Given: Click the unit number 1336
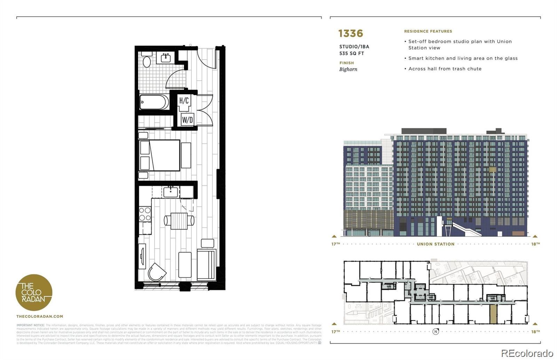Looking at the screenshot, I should [x=351, y=33].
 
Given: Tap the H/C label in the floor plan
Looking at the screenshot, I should [x=184, y=101].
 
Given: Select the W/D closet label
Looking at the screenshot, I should [x=187, y=120].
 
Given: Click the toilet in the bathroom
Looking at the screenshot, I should [x=147, y=61].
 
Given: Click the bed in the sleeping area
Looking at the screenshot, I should [x=160, y=155].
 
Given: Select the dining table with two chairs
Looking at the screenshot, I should [x=179, y=221].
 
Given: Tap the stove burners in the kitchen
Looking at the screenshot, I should [x=145, y=214].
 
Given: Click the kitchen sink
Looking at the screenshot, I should [x=171, y=192].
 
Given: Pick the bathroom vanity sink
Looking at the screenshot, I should [x=165, y=57].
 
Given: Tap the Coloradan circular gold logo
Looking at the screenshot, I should [x=34, y=293].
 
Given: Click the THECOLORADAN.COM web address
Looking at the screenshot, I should [x=40, y=317].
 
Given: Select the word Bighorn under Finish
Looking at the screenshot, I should [x=348, y=69].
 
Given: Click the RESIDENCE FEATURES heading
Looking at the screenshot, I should [x=428, y=31].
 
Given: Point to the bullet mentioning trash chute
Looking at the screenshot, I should [x=445, y=69].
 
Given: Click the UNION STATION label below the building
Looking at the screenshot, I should [x=436, y=244].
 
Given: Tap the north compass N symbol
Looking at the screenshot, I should [x=436, y=331].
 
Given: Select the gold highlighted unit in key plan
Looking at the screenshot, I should [x=493, y=314].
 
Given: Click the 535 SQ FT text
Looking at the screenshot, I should [x=351, y=54].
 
